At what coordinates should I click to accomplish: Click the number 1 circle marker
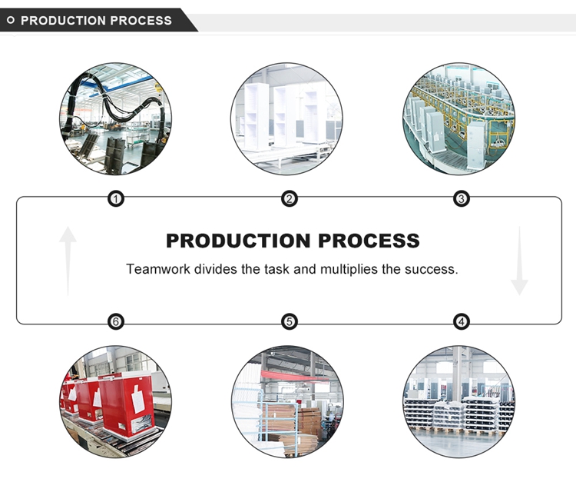pyautogui.click(x=116, y=199)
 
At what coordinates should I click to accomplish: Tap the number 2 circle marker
pyautogui.click(x=289, y=199)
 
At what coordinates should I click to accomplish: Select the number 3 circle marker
pyautogui.click(x=462, y=199)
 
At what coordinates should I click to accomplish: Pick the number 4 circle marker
pyautogui.click(x=462, y=321)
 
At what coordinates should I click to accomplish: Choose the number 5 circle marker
pyautogui.click(x=289, y=321)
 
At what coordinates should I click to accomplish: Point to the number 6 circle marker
pyautogui.click(x=116, y=321)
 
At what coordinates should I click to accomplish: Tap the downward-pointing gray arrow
pyautogui.click(x=520, y=261)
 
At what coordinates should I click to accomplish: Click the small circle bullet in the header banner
pyautogui.click(x=11, y=21)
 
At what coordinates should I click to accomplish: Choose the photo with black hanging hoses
pyautogui.click(x=116, y=118)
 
